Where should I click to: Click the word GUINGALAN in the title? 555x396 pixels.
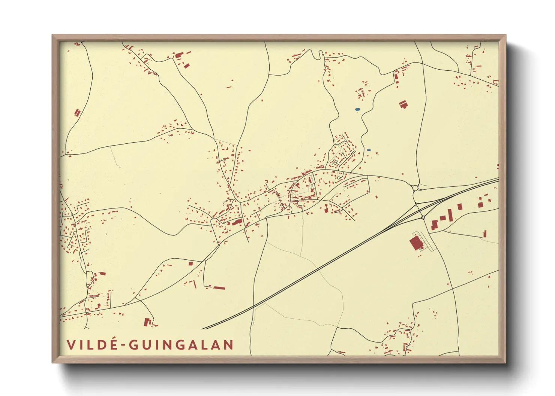click(x=181, y=345)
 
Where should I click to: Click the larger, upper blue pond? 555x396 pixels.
click(x=357, y=110)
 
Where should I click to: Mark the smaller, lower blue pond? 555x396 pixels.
click(x=369, y=150)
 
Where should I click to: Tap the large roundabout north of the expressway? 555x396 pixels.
click(x=415, y=188)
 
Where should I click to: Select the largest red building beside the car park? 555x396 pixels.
click(x=415, y=243)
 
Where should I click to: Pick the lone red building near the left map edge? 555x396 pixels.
click(x=78, y=112)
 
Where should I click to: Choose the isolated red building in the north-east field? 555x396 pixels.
click(x=403, y=104)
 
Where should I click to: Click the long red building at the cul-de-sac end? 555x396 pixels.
click(x=219, y=288)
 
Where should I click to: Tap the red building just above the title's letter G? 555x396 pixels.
click(x=147, y=322)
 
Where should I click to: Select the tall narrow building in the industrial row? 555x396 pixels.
click(x=450, y=215)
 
